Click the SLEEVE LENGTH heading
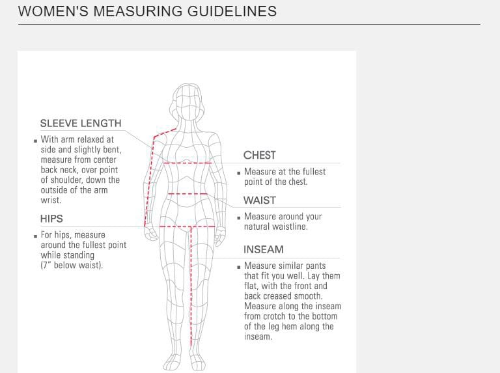coord(81,124)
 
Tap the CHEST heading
coord(260,156)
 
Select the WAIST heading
coord(260,200)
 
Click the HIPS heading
coord(51,219)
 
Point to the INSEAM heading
coord(264,249)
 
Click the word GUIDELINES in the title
coord(232,11)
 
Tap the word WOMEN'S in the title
coord(53,11)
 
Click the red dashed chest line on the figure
coord(187,163)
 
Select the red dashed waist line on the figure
coord(187,193)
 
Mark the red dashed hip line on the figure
coord(187,227)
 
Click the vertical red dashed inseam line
coord(191,286)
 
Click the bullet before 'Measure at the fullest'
coord(238,173)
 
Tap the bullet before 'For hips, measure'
coord(35,236)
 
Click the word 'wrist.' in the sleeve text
coord(51,200)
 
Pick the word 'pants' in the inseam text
coord(316,266)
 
